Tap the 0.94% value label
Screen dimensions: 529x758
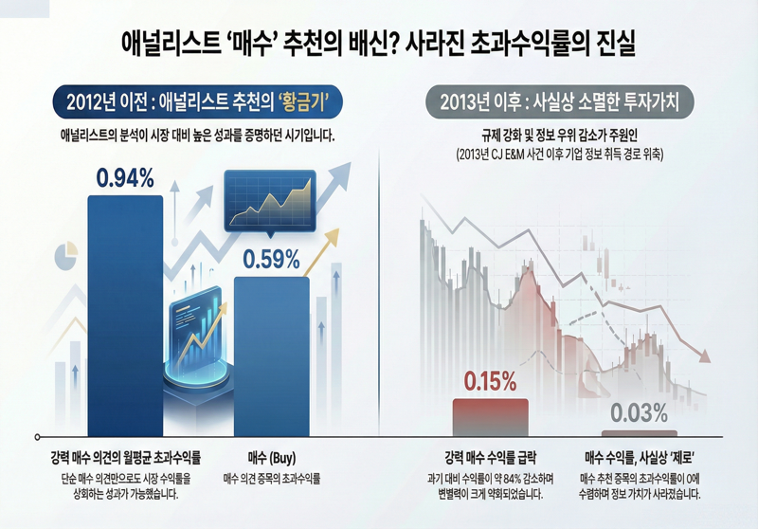coord(125,177)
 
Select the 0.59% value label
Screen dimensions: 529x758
coord(271,258)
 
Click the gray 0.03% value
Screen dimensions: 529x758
coord(639,412)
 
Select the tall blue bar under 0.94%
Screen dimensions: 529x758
coord(125,313)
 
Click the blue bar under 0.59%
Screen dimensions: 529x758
coord(271,351)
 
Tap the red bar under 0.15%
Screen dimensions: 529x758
coord(490,416)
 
